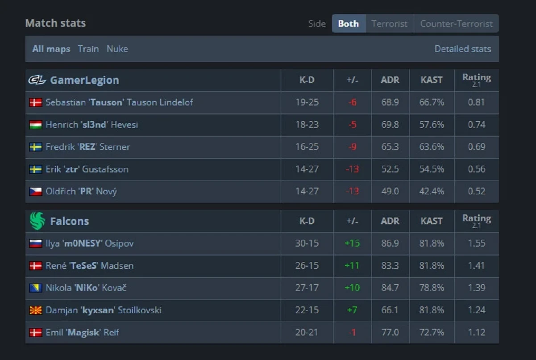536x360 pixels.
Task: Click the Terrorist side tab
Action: pos(389,24)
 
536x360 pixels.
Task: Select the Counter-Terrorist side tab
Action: pos(456,24)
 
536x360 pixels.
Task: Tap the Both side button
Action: pos(348,24)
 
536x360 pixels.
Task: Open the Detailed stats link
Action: pos(462,49)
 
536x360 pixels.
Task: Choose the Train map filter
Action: pos(88,49)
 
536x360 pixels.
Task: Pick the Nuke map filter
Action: pos(117,49)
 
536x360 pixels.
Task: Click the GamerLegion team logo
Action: pos(37,80)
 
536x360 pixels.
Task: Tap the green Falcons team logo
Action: pos(37,221)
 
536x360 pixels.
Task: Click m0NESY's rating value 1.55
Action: pos(476,243)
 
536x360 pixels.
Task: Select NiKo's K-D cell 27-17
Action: pos(307,288)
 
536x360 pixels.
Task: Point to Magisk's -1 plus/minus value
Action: pos(352,332)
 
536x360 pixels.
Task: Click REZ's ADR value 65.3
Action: pos(390,147)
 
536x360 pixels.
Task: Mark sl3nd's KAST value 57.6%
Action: pos(431,125)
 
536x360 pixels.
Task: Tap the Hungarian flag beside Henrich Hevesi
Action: pos(36,125)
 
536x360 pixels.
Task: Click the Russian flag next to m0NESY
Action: pos(36,243)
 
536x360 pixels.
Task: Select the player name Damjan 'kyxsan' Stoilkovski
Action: pos(103,310)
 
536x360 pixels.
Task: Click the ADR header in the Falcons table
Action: pos(390,221)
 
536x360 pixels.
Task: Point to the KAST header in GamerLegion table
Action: pos(431,80)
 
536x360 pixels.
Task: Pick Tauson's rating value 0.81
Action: pos(476,102)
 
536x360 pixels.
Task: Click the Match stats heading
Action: pos(55,23)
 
